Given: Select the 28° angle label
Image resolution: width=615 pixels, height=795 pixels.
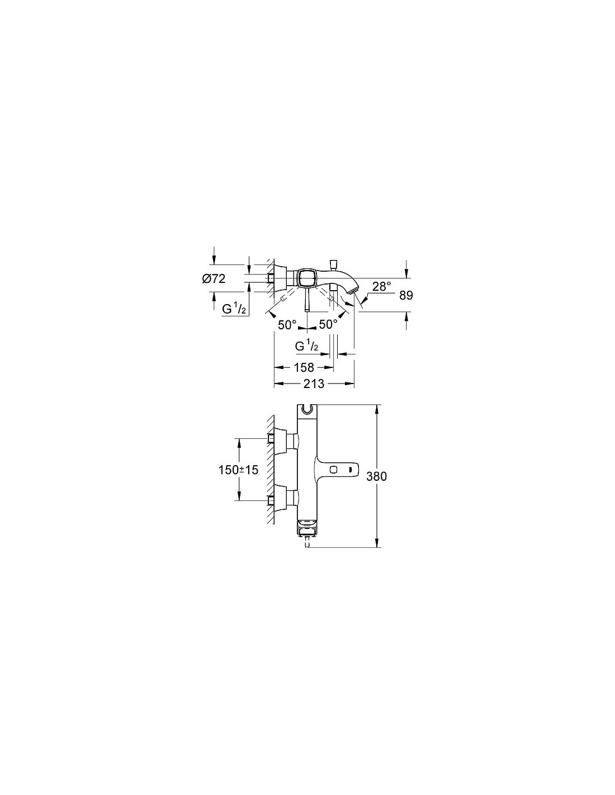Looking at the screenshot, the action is click(382, 286).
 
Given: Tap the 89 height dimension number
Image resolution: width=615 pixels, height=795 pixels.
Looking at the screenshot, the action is click(406, 295).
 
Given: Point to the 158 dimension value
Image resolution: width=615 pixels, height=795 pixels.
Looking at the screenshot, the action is click(304, 367).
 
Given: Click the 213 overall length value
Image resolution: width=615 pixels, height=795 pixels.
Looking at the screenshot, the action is click(314, 384).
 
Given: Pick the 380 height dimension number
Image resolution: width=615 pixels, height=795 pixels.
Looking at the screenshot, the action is click(376, 476).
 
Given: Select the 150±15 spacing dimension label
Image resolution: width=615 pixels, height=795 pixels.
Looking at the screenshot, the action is click(238, 470).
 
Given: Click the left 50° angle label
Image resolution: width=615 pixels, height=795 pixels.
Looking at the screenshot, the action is click(287, 324).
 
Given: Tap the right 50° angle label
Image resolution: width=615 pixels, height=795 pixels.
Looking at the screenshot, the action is click(328, 324).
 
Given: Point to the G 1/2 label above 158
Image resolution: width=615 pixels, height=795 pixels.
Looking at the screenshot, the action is click(306, 346).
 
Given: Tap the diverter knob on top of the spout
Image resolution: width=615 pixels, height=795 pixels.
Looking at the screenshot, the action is click(333, 264).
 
